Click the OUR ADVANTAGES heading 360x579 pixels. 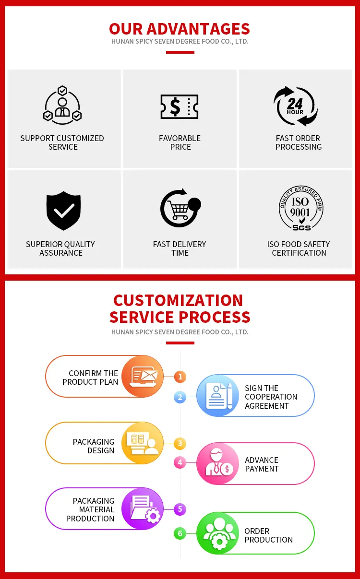tap(180, 29)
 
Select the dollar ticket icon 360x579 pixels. tap(180, 106)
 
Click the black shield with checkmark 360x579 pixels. tap(63, 211)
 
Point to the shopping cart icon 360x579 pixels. tap(180, 208)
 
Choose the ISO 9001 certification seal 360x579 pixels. tap(301, 208)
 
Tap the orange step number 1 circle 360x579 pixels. tap(180, 377)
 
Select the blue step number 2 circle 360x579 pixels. tap(180, 397)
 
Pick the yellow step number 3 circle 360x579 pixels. tap(180, 444)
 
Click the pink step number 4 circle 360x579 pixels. tap(180, 462)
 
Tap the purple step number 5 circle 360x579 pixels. tap(180, 509)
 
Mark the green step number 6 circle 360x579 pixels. tap(180, 533)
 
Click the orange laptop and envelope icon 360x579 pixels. tap(143, 376)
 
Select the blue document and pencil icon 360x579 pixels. tap(218, 395)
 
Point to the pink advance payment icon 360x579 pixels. tap(218, 464)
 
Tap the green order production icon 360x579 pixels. tap(218, 533)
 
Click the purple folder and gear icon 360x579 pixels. tap(143, 508)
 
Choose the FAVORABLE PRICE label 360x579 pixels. tap(180, 142)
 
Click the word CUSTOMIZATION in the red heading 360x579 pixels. tap(178, 300)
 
